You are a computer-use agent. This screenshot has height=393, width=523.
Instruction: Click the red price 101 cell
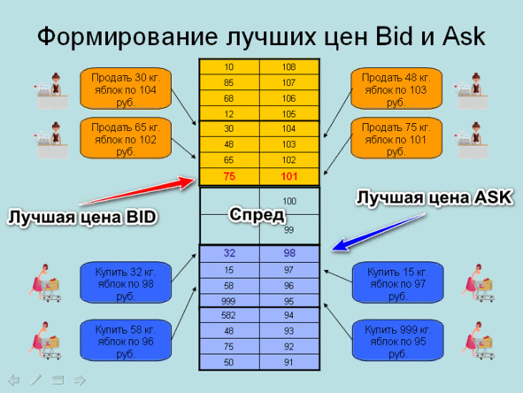289,177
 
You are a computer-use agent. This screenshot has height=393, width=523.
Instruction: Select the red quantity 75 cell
229,177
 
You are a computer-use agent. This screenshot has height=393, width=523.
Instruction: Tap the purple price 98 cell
289,253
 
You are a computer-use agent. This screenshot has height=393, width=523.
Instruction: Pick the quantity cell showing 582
229,315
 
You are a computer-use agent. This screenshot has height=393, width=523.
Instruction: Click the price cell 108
288,67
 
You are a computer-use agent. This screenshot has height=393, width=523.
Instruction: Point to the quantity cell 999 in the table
229,301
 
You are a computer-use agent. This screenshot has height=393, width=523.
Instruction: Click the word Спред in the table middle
257,214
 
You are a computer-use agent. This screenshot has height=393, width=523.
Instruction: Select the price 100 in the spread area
289,201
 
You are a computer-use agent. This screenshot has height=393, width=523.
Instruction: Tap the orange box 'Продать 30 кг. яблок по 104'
126,89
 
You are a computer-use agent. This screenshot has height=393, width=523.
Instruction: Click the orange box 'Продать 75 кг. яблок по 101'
396,138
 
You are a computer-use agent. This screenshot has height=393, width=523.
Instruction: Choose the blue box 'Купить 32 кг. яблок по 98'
126,282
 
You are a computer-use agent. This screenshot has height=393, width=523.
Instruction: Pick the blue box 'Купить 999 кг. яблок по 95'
397,340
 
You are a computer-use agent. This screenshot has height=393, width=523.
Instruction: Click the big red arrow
137,191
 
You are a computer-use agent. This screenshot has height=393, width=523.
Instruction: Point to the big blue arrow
379,232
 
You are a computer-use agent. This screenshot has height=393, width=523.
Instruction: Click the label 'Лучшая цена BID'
82,217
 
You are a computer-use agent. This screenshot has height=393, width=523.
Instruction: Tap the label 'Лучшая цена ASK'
435,197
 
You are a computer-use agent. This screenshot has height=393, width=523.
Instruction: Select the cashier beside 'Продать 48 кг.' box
473,91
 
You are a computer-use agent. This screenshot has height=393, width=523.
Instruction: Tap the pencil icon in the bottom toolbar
35,380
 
